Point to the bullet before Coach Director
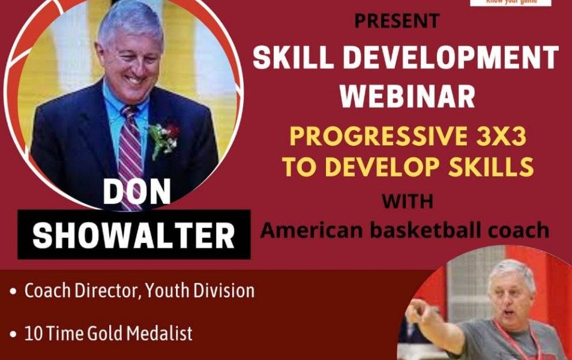tap(14, 293)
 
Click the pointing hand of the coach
tap(418, 311)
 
